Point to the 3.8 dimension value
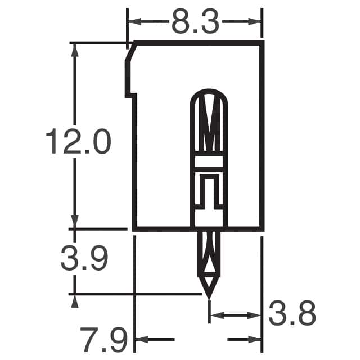(x=292, y=313)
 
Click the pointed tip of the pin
(x=209, y=296)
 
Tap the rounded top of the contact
(x=209, y=92)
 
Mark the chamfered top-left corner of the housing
(x=129, y=52)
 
